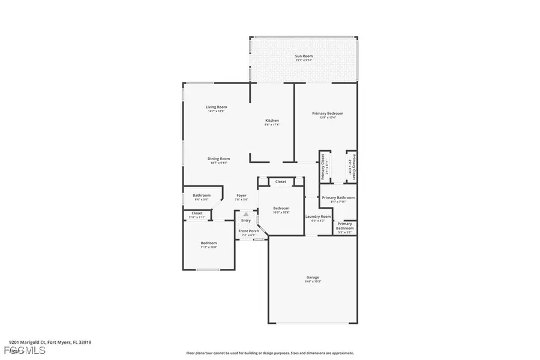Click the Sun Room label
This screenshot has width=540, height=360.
click(304, 56)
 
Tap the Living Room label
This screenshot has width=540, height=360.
click(217, 107)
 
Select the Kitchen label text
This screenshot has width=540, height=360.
click(272, 121)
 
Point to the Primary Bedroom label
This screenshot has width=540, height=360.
click(327, 113)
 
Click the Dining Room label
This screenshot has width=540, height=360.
click(219, 158)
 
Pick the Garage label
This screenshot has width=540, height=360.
click(313, 277)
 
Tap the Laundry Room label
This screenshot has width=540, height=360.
click(317, 217)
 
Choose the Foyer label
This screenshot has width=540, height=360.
click(241, 195)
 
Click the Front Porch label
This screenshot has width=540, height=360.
click(248, 231)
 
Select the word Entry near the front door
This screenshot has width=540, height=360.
click(246, 220)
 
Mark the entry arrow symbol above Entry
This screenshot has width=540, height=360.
click(246, 213)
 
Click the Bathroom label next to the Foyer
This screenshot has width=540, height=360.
click(202, 195)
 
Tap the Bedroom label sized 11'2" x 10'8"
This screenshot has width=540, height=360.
click(209, 243)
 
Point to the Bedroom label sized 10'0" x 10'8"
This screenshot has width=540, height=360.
click(281, 208)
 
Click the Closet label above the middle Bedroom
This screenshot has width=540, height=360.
click(281, 181)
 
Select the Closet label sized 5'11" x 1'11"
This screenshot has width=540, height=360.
click(197, 213)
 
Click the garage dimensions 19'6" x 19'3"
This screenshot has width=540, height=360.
click(313, 281)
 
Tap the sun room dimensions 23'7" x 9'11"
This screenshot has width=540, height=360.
click(304, 61)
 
